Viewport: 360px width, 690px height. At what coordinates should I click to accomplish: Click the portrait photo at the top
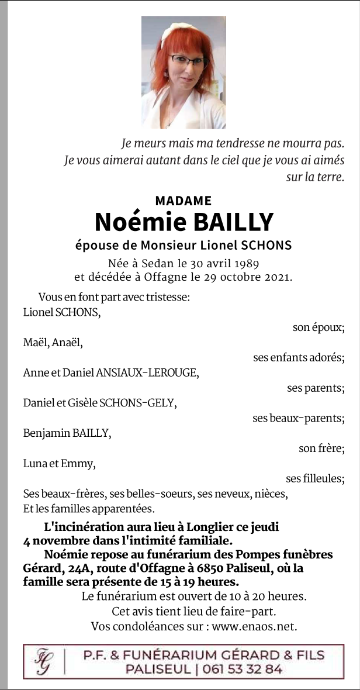[184, 72]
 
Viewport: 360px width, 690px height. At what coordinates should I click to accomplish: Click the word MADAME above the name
[184, 201]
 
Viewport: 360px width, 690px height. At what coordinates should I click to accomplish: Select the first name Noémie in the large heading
[139, 222]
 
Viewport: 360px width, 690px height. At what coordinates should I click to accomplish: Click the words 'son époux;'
[319, 327]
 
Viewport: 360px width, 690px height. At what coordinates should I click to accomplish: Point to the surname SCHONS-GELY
[138, 403]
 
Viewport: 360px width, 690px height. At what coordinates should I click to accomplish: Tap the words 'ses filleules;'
[315, 479]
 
